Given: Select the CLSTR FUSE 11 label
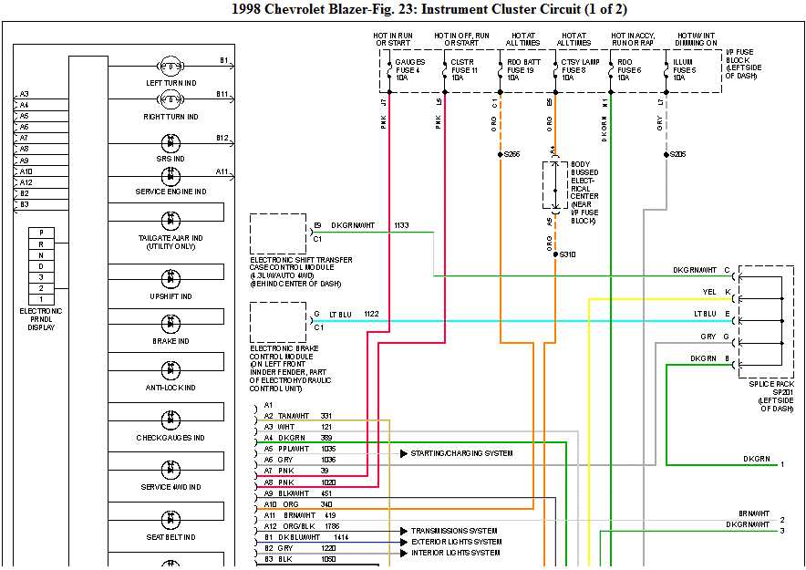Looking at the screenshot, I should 463,69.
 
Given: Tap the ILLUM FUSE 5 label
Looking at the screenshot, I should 685,69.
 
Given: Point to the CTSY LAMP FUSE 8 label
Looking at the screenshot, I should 575,69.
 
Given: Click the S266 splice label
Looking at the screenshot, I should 511,154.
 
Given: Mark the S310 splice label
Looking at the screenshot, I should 567,254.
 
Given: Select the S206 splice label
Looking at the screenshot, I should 677,154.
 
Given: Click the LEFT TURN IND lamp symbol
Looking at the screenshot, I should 170,67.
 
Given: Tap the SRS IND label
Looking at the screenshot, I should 170,158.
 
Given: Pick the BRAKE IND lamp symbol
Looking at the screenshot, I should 170,324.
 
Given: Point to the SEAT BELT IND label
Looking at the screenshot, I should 170,536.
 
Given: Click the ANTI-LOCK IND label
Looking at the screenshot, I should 170,388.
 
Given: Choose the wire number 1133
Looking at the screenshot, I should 401,224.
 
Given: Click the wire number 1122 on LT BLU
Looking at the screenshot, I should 371,314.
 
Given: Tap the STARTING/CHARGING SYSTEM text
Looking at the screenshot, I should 461,453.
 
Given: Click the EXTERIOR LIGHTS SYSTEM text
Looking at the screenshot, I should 456,542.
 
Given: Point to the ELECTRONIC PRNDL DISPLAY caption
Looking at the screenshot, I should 40,318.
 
